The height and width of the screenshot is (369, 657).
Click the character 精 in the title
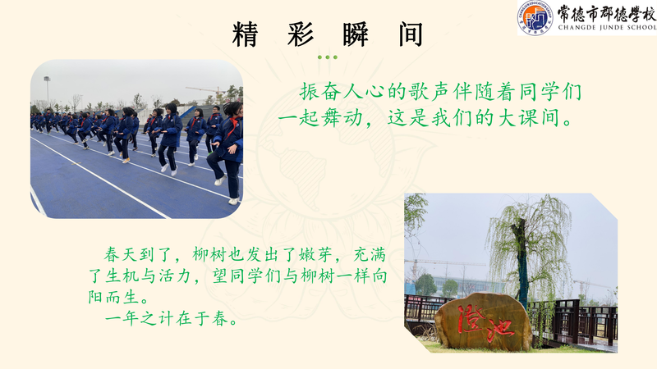(x=245, y=34)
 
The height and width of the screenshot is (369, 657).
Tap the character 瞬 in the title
(x=356, y=34)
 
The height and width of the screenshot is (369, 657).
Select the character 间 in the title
(x=411, y=34)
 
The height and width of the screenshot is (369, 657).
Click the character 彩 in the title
(x=301, y=34)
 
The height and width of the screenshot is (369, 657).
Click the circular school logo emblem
(x=535, y=17)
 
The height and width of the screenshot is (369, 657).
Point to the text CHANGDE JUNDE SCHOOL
(x=607, y=28)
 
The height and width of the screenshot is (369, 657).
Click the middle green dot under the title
(x=327, y=57)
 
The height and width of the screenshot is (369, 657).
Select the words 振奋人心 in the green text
(x=342, y=92)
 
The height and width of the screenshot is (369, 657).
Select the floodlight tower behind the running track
(x=47, y=90)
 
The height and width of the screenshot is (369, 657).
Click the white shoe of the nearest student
(x=220, y=180)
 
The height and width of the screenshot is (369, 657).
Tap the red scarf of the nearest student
(x=232, y=125)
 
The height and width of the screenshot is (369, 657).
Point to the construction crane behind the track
(x=206, y=90)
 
